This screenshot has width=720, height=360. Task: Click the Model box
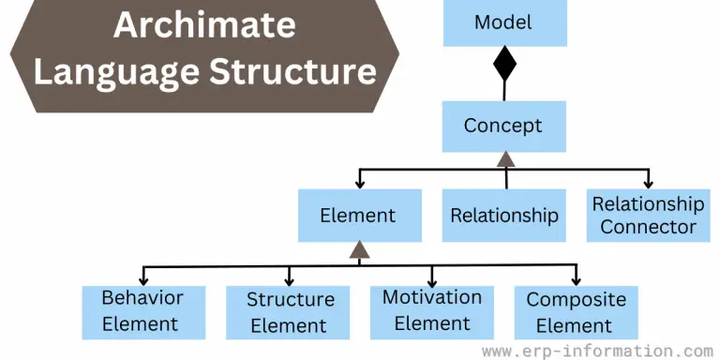coord(504,23)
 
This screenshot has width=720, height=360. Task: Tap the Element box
coord(358,215)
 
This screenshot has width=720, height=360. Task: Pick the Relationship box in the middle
coord(504,215)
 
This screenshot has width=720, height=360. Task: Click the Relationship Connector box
coord(648,215)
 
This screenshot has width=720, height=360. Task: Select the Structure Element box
coord(290,312)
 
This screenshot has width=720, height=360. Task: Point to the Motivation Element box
coord(432,311)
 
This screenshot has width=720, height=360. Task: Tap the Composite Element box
coord(576,312)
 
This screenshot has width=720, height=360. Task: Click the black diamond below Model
coord(504,65)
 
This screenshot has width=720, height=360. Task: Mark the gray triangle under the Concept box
coord(505,157)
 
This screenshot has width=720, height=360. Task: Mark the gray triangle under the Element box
coord(359,248)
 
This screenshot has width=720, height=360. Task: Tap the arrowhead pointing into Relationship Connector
coord(647,183)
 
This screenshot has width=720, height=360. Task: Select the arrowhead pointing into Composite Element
coord(576,278)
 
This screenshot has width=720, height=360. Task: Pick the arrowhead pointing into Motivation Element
coord(432,278)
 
